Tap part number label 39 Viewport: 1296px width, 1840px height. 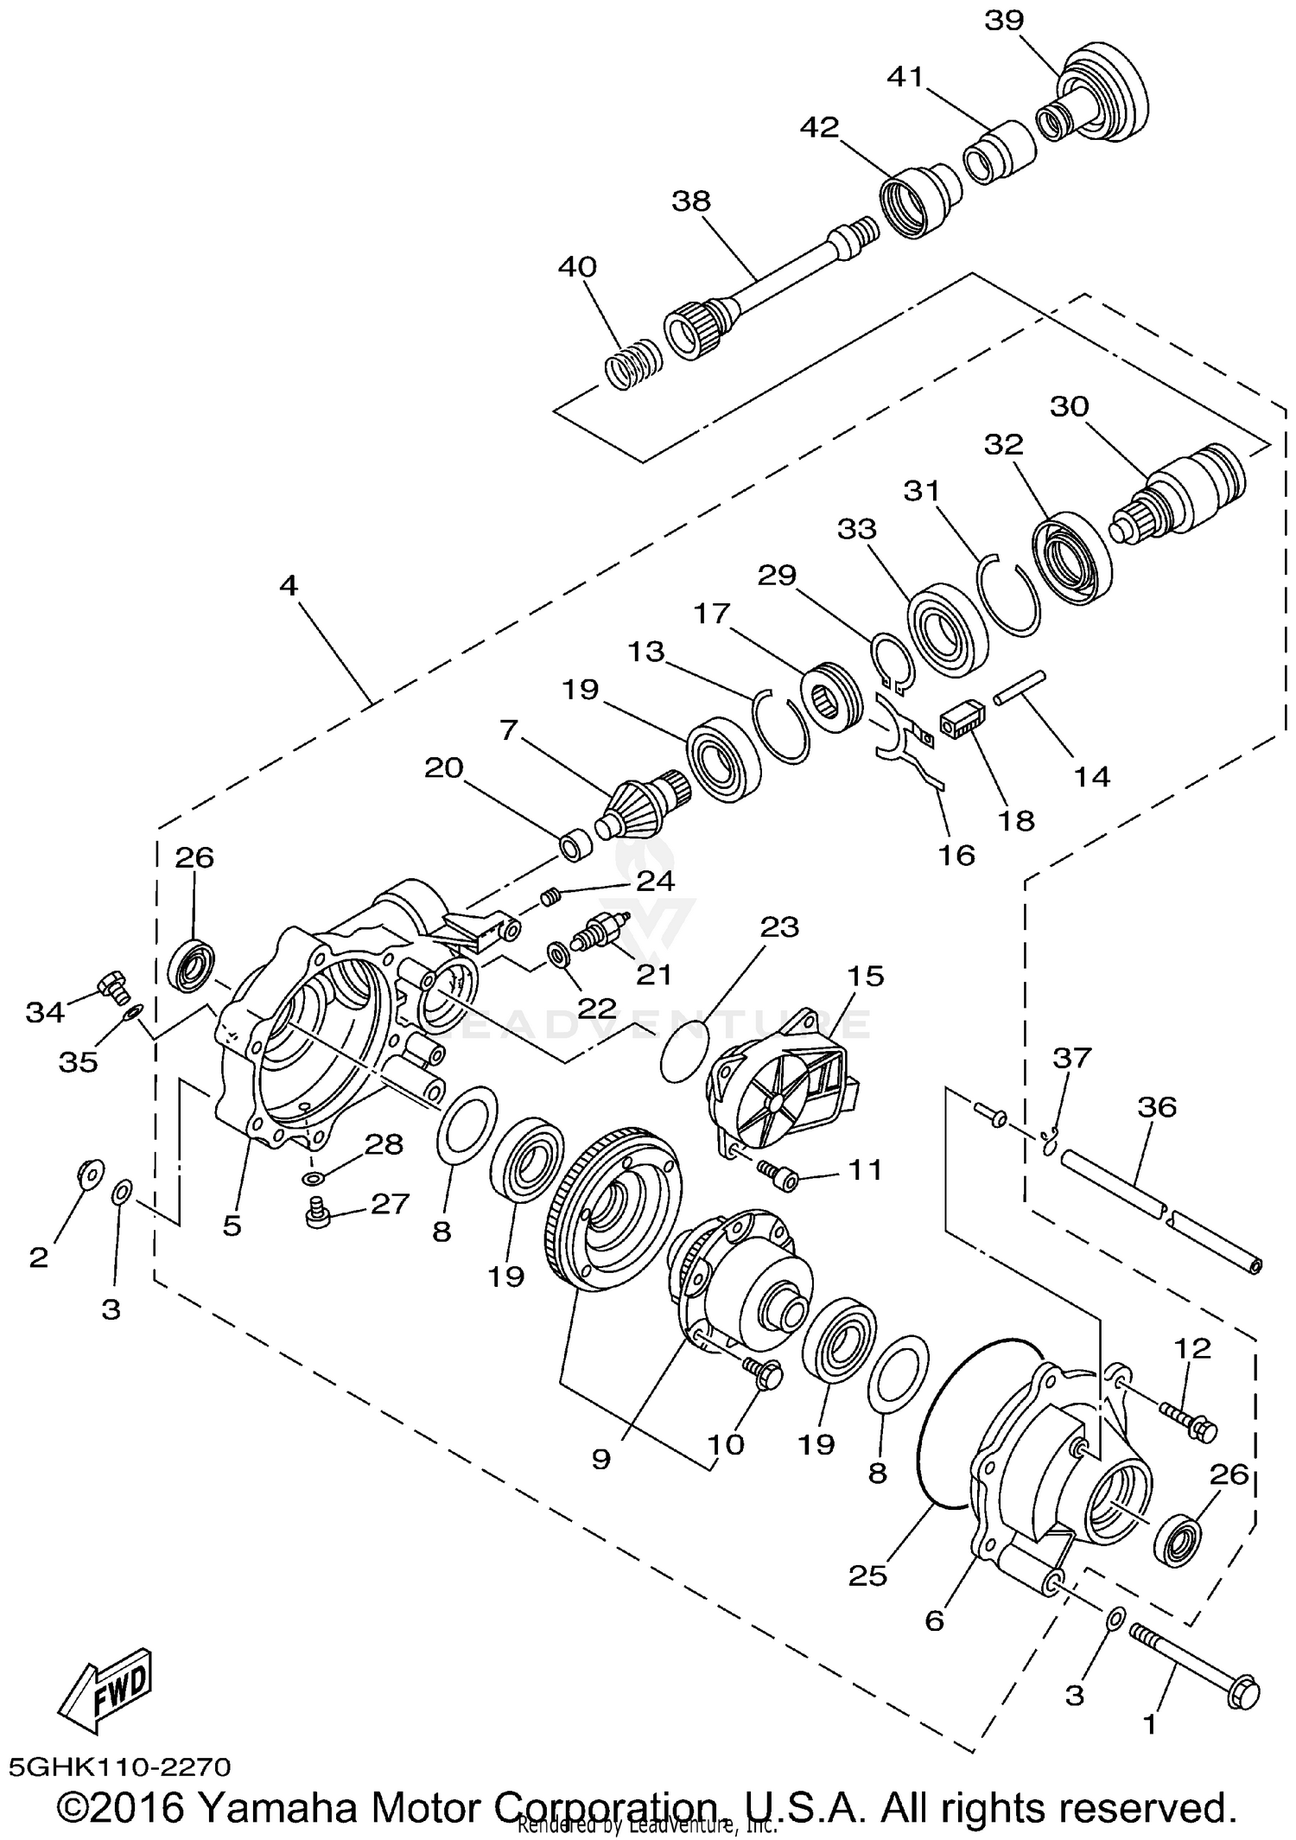[x=1004, y=21]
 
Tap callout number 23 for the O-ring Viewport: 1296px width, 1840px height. [x=779, y=927]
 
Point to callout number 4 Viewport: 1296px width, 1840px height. [x=289, y=586]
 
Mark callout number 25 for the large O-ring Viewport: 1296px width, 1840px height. [x=867, y=1576]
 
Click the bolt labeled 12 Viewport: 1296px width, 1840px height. [x=1188, y=1421]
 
